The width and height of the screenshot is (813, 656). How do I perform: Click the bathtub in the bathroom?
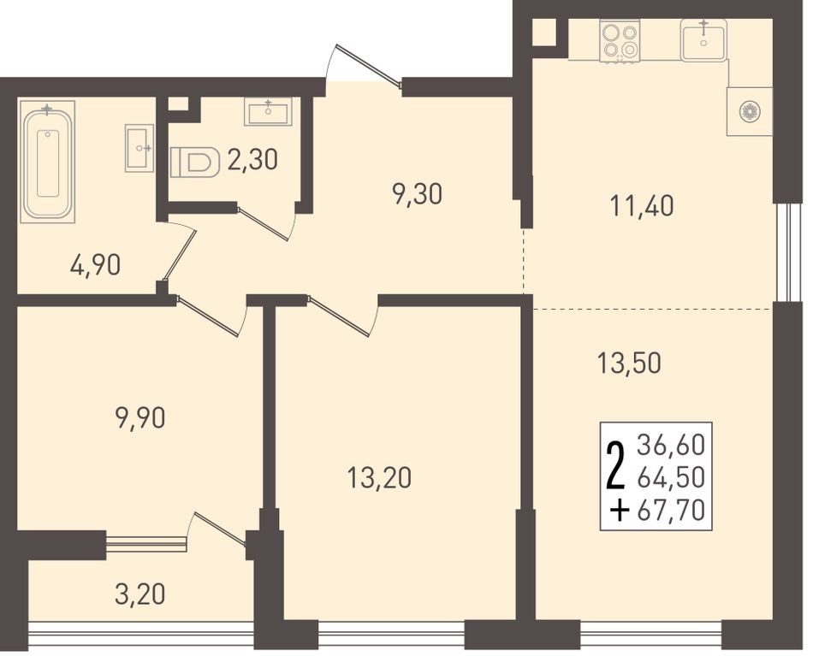47,163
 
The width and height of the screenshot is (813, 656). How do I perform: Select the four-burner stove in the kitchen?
619,41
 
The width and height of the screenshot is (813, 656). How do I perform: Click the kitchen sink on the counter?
703,39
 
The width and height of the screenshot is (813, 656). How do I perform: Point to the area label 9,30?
418,195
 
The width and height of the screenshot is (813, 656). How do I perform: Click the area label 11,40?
642,207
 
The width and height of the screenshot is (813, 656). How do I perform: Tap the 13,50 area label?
630,363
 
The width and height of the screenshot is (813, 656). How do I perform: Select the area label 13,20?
380,478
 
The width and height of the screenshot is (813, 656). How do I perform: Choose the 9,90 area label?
140,418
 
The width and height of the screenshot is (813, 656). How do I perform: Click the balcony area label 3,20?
140,594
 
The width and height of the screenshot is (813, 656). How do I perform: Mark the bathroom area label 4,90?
95,265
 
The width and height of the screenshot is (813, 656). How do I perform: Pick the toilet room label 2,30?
252,160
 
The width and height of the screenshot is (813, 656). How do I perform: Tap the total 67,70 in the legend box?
672,511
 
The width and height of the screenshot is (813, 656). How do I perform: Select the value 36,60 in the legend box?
672,445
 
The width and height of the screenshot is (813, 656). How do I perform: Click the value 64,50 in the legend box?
672,478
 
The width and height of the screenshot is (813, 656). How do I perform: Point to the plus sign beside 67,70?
620,512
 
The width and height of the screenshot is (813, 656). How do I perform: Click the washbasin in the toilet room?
268,112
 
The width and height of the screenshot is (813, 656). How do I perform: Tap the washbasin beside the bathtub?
139,148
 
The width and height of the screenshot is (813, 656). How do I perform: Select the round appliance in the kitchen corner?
749,111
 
